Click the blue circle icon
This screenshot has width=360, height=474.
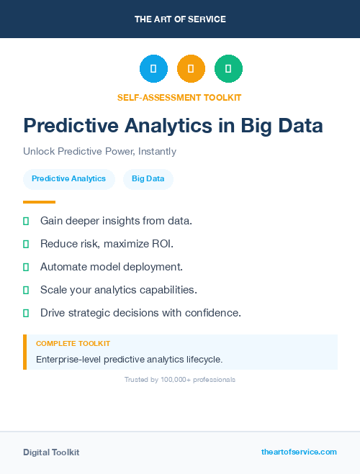click(153, 69)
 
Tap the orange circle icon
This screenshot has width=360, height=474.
click(191, 69)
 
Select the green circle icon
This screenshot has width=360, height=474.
click(228, 69)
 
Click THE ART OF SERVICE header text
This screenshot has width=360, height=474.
click(180, 19)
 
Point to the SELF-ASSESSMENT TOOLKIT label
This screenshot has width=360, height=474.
click(179, 97)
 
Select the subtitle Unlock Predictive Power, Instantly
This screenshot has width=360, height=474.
click(99, 152)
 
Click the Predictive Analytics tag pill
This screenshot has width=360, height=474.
click(68, 178)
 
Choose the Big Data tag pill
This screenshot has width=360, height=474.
click(148, 178)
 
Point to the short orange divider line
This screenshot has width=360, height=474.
click(39, 202)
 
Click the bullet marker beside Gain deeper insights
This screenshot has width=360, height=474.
click(26, 221)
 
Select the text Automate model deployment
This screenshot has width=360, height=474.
click(112, 267)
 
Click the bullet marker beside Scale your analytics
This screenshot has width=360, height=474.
click(26, 290)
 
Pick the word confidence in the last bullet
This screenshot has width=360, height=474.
click(214, 313)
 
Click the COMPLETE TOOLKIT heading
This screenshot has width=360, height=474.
click(73, 344)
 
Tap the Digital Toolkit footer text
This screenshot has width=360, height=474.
click(51, 452)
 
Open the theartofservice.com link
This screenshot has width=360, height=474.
click(299, 452)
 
